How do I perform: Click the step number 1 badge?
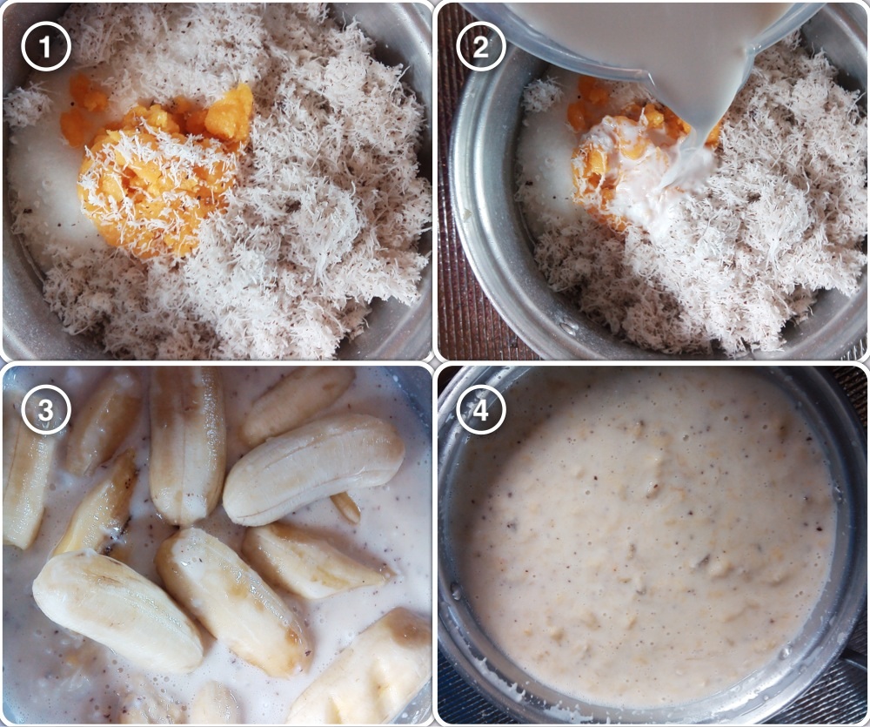(x=46, y=46)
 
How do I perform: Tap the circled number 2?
(x=481, y=46)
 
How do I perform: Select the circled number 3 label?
(x=46, y=410)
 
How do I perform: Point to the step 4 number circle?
(x=481, y=410)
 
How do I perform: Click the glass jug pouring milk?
(x=638, y=39)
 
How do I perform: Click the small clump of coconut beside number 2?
(x=540, y=94)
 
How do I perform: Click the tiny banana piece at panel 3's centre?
(x=345, y=508)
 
